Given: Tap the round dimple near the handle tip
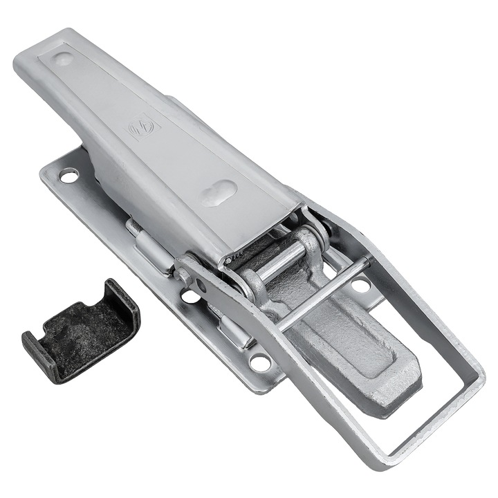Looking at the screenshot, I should pos(63,59).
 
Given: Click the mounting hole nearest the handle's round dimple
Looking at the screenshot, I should pos(69,176).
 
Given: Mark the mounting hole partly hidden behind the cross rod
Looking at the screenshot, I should pos(360,284).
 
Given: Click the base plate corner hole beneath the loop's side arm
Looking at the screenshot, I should pos(261,361).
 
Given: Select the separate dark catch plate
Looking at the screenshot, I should pos(80,329).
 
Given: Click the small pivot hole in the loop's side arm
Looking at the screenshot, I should pos(201,284).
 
